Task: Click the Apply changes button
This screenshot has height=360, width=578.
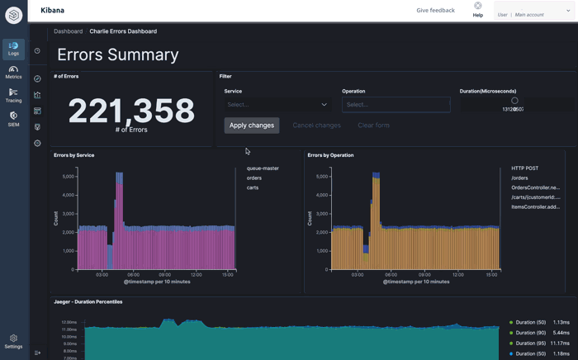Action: tap(251, 126)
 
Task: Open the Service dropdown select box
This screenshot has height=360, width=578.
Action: tap(277, 105)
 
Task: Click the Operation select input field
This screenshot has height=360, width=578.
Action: tap(396, 105)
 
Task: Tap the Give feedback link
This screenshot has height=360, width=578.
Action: tap(435, 11)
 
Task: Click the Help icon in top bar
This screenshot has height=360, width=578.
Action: tap(477, 7)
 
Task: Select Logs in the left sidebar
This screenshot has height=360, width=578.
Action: tap(13, 50)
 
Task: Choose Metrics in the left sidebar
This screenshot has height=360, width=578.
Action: tap(13, 73)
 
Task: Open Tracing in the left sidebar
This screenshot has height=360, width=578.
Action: tap(13, 96)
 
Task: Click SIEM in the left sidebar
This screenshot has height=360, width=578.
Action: tap(13, 119)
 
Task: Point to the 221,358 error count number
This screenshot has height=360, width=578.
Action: tap(131, 110)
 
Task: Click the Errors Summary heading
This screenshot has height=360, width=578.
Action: tap(118, 54)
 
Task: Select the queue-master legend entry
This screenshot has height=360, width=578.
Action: tap(263, 168)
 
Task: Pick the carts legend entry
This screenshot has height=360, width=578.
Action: tap(253, 187)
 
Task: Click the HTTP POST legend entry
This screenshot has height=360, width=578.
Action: tap(524, 168)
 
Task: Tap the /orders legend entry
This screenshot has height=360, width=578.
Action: tap(519, 178)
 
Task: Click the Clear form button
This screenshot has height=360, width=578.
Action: tap(373, 126)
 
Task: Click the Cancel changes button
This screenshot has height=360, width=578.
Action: tap(316, 126)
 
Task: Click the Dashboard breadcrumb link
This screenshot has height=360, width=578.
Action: tap(68, 31)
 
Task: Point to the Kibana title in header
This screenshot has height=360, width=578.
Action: tap(52, 11)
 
